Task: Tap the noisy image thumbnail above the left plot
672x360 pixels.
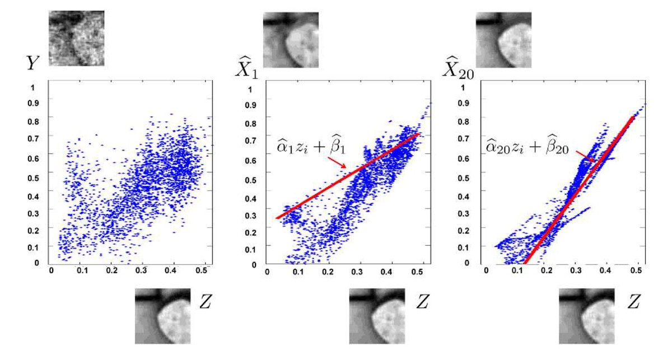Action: (x=76, y=39)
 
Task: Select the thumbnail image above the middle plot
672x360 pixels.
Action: (x=291, y=40)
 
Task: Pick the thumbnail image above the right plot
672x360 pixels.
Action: (x=503, y=40)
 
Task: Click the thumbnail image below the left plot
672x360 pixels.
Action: (x=162, y=316)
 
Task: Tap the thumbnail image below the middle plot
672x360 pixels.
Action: (x=376, y=316)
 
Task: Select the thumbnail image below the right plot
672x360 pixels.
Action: (x=586, y=316)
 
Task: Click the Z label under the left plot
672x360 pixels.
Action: (x=206, y=302)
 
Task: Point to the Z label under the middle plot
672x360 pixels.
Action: (x=421, y=302)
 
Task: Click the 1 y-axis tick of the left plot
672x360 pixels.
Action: (x=39, y=88)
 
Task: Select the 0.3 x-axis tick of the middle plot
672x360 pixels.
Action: (x=357, y=272)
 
